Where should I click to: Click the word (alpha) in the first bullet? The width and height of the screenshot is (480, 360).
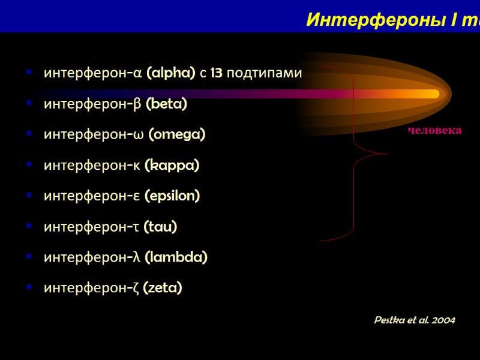pyautogui.click(x=171, y=73)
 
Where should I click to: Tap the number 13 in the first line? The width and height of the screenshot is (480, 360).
pyautogui.click(x=217, y=73)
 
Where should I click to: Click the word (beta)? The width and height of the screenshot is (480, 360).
pyautogui.click(x=166, y=104)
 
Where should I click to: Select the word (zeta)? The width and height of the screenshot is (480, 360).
pyautogui.click(x=163, y=288)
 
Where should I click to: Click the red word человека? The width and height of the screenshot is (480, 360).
pyautogui.click(x=435, y=130)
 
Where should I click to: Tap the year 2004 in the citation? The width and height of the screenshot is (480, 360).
pyautogui.click(x=443, y=320)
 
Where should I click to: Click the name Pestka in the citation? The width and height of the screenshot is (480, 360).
pyautogui.click(x=388, y=320)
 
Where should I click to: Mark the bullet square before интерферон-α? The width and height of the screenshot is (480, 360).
pyautogui.click(x=28, y=73)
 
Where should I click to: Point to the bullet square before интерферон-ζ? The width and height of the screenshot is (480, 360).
pyautogui.click(x=28, y=288)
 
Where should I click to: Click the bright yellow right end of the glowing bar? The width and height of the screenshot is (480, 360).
pyautogui.click(x=433, y=94)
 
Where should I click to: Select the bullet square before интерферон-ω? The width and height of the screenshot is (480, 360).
pyautogui.click(x=28, y=135)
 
